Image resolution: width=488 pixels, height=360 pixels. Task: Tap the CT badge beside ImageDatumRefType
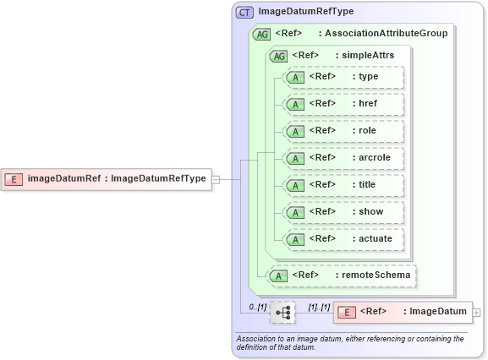pyautogui.click(x=245, y=12)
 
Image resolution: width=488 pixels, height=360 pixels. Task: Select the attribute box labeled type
pyautogui.click(x=344, y=77)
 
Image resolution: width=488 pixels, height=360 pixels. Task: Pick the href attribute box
pyautogui.click(x=344, y=104)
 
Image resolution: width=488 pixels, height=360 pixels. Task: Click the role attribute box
pyautogui.click(x=344, y=131)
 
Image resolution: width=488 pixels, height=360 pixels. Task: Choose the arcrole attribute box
pyautogui.click(x=344, y=158)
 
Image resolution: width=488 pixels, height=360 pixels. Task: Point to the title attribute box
pyautogui.click(x=344, y=185)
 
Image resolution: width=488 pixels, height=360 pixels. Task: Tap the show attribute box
pyautogui.click(x=344, y=212)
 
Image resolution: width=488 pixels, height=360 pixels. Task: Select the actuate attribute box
pyautogui.click(x=344, y=239)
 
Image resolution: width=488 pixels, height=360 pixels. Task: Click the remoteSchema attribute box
pyautogui.click(x=343, y=275)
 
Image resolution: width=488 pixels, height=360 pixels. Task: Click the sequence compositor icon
pyautogui.click(x=282, y=313)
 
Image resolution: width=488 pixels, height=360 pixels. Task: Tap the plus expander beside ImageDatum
pyautogui.click(x=477, y=313)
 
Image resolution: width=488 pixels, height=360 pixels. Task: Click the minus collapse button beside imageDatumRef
pyautogui.click(x=216, y=179)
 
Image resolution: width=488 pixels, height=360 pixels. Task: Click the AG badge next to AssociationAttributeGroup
pyautogui.click(x=261, y=34)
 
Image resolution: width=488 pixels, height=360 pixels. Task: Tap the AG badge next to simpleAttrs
pyautogui.click(x=278, y=56)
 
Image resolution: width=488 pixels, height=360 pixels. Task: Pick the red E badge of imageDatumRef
pyautogui.click(x=14, y=178)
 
